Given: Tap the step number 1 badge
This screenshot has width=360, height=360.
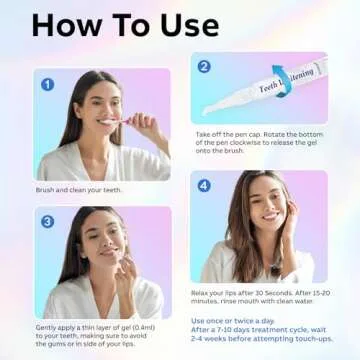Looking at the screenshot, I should (47, 84).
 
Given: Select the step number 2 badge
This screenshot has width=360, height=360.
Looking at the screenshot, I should (204, 67).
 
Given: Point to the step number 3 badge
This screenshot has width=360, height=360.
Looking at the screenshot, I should (47, 221).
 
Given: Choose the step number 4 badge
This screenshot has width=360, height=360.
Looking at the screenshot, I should (204, 185).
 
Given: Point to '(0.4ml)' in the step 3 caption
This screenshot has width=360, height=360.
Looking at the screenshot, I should (147, 327).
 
